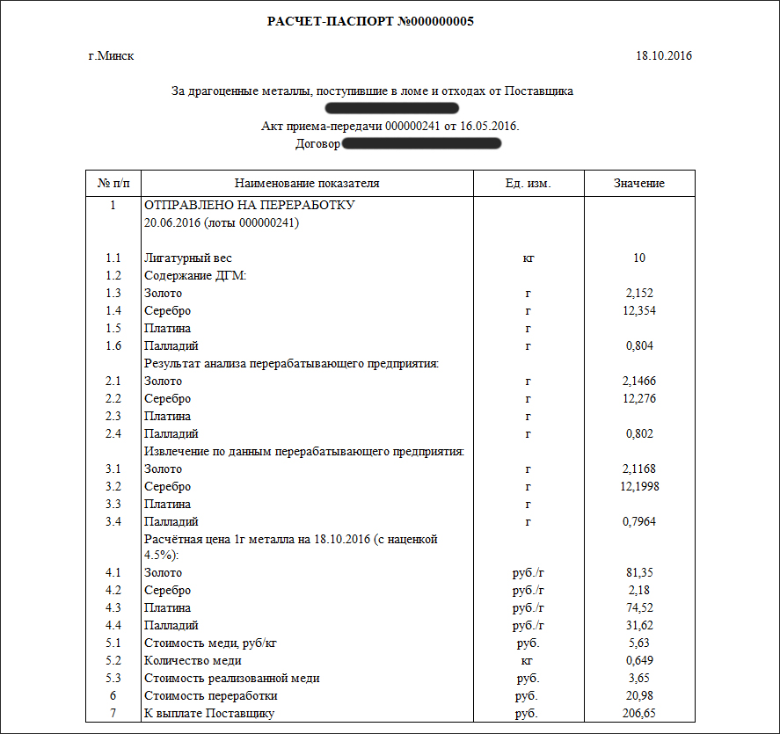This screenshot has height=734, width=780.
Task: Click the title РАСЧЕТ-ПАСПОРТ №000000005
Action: pyautogui.click(x=370, y=22)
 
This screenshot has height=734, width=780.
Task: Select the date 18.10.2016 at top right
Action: pyautogui.click(x=664, y=56)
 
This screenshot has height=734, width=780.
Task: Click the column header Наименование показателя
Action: pyautogui.click(x=307, y=184)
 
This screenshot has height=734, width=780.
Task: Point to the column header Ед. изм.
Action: pyautogui.click(x=529, y=184)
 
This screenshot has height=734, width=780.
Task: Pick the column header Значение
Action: pyautogui.click(x=638, y=184)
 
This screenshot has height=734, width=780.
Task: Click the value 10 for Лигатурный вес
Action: pyautogui.click(x=638, y=258)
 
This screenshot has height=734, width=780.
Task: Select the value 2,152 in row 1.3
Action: pyautogui.click(x=638, y=294)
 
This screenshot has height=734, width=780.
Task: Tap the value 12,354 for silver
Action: pyautogui.click(x=638, y=311)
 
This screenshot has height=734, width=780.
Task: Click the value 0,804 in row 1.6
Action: pyautogui.click(x=638, y=346)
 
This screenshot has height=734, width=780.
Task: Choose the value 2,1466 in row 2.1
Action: pyautogui.click(x=638, y=382)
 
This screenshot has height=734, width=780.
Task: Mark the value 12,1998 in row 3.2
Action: pyautogui.click(x=638, y=487)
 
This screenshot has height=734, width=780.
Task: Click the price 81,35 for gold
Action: pyautogui.click(x=638, y=573)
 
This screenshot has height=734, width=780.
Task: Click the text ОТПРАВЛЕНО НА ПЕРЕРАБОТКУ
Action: pyautogui.click(x=249, y=206)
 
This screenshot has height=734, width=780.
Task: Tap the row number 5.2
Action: pyautogui.click(x=113, y=661)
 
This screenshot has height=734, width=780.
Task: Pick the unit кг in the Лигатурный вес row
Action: pyautogui.click(x=529, y=258)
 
